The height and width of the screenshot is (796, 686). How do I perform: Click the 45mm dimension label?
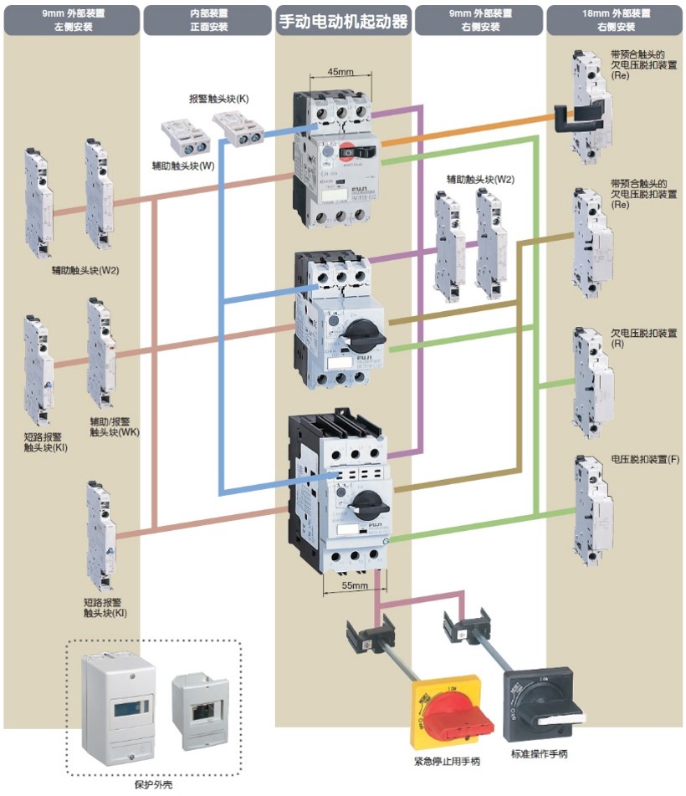click(x=339, y=72)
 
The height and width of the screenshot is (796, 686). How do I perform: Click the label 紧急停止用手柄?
click(x=448, y=762)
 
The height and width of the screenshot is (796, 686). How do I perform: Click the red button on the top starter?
click(x=346, y=151)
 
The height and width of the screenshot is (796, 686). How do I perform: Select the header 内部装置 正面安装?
click(x=206, y=20)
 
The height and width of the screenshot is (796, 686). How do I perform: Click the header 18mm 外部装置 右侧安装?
click(x=614, y=20)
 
